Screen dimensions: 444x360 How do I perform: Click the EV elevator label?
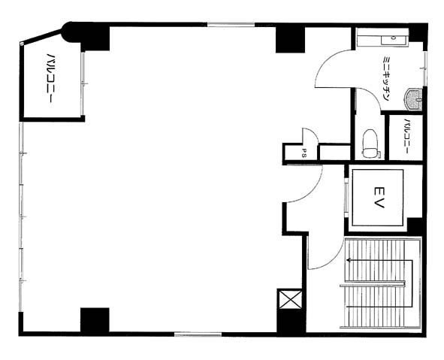(x=379, y=198)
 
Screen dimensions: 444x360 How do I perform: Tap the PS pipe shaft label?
(x=304, y=153)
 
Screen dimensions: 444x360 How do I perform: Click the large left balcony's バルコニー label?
(x=50, y=78)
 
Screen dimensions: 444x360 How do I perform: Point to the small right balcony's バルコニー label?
(x=406, y=136)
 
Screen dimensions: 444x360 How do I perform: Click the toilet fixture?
(x=370, y=144)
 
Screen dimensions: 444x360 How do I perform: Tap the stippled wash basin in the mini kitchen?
(x=413, y=99)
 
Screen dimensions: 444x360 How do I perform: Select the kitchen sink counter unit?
(x=382, y=37)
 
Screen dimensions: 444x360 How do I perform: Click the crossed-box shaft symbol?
(x=289, y=299)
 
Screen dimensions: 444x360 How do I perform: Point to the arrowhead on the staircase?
(x=349, y=260)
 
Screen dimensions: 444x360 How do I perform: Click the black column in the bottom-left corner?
(x=95, y=320)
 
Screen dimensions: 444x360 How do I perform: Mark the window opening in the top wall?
(x=231, y=25)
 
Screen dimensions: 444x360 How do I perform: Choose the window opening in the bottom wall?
(x=198, y=334)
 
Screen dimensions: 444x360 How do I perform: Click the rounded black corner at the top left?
(x=70, y=32)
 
